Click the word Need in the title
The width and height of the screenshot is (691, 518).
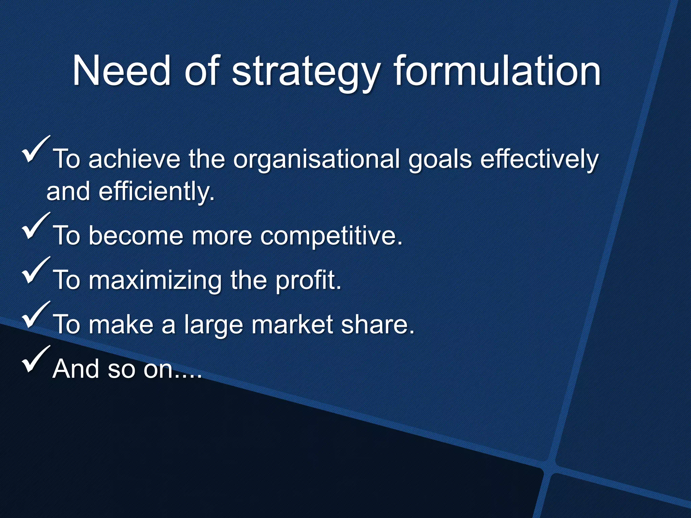click(x=121, y=71)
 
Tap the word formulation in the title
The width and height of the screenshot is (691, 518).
click(x=497, y=71)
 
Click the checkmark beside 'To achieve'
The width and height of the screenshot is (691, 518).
click(x=35, y=150)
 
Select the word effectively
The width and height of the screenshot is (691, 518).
click(x=539, y=159)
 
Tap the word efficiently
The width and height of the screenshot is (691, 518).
click(x=156, y=192)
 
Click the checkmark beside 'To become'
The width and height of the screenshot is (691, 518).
click(x=35, y=227)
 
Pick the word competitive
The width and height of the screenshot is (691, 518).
click(x=331, y=236)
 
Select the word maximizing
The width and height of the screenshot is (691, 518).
click(x=155, y=281)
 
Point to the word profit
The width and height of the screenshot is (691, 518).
click(x=308, y=281)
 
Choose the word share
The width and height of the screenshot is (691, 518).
click(x=377, y=324)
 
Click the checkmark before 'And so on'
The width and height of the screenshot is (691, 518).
click(x=35, y=360)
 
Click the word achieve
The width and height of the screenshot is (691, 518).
click(x=134, y=159)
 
